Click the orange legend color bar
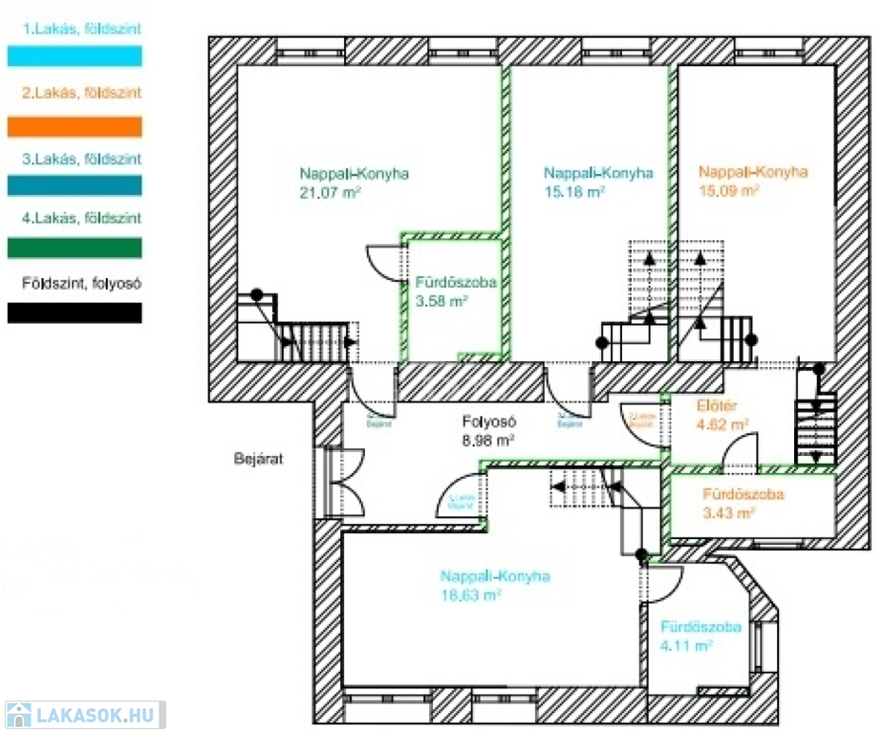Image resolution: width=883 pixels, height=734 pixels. [75, 127]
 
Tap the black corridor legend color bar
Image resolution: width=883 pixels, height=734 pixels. [75, 313]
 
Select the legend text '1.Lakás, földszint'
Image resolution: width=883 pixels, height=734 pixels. [81, 29]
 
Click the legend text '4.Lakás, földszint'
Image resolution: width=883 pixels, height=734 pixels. [81, 219]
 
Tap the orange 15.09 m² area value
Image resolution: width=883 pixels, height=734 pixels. [729, 190]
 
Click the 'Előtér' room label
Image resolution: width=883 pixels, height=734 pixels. [717, 405]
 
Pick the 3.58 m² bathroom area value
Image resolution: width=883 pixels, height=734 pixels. [441, 301]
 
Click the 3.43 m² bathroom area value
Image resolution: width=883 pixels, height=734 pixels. [729, 513]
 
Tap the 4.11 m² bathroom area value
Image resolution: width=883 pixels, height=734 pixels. [686, 646]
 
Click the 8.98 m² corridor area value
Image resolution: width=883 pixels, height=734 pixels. [488, 441]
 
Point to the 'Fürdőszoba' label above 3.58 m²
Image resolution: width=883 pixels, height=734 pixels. [455, 283]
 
